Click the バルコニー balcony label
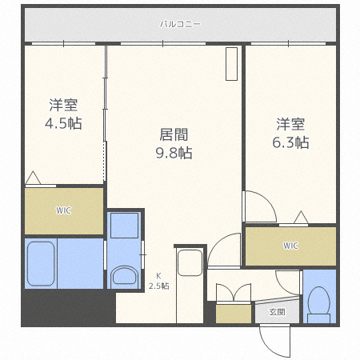click(x=180, y=24)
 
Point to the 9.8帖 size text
click(x=174, y=152)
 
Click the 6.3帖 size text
click(x=292, y=142)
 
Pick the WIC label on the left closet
click(x=63, y=211)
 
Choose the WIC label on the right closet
click(x=290, y=246)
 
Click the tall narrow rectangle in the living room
click(x=231, y=65)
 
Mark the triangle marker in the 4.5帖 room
click(x=34, y=178)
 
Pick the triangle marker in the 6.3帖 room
click(x=301, y=217)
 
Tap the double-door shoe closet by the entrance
click(x=233, y=300)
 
